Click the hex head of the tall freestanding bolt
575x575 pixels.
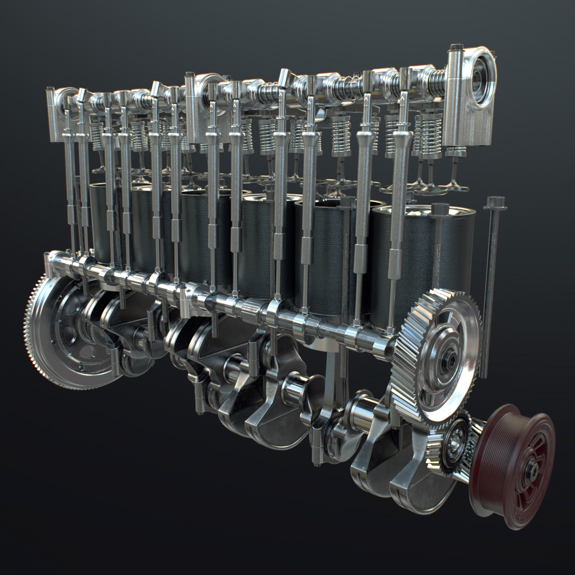[496, 202]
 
